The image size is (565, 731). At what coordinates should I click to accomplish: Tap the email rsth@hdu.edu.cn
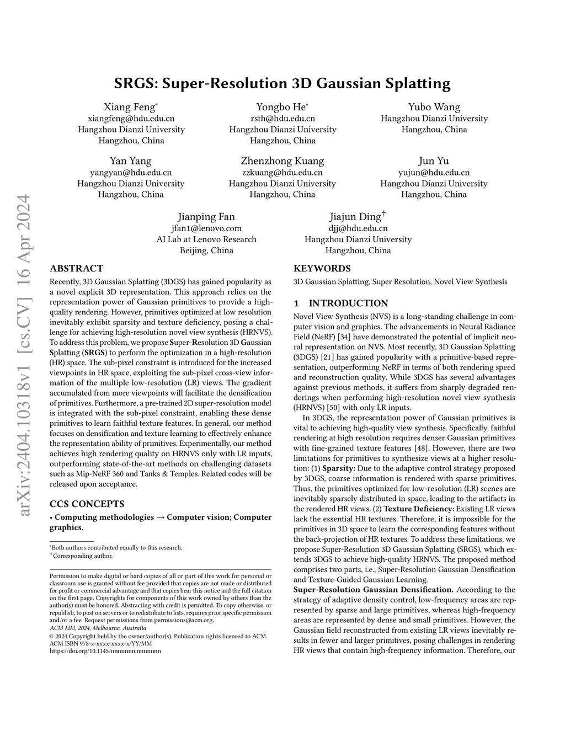pos(282,118)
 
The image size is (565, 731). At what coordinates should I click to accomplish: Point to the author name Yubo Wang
pos(434,107)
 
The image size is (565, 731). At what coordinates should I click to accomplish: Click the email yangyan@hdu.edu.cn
pos(131,172)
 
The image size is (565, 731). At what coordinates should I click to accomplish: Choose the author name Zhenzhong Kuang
pos(282,161)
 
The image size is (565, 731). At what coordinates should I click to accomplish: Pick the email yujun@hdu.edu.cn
pos(434,172)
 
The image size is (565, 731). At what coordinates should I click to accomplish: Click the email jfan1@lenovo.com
pos(206,228)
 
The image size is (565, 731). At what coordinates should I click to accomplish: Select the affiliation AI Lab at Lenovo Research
pos(206,239)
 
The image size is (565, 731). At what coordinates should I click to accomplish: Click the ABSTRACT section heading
pos(76,269)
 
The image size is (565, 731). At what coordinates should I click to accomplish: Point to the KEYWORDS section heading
pos(322,269)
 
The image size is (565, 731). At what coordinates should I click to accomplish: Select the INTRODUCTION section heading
pos(348,303)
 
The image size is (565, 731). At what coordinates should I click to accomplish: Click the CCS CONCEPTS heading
pos(87,504)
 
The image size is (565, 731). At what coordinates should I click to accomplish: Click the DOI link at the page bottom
pos(105,651)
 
